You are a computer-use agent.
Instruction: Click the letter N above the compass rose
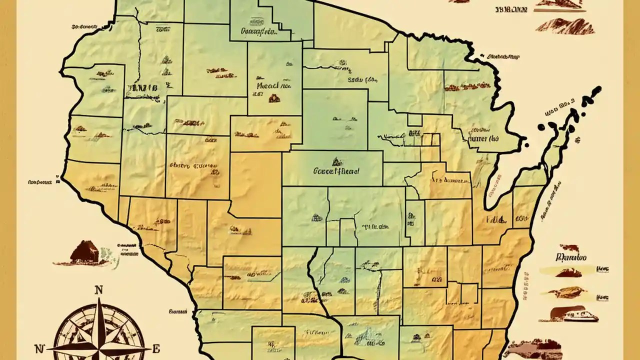(99, 289)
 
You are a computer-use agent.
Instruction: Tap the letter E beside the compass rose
(156, 348)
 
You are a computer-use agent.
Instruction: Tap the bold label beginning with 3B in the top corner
(511, 9)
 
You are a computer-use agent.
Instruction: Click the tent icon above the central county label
(336, 161)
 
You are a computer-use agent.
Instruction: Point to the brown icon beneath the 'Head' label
(274, 98)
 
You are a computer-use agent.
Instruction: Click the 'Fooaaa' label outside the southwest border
(177, 311)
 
